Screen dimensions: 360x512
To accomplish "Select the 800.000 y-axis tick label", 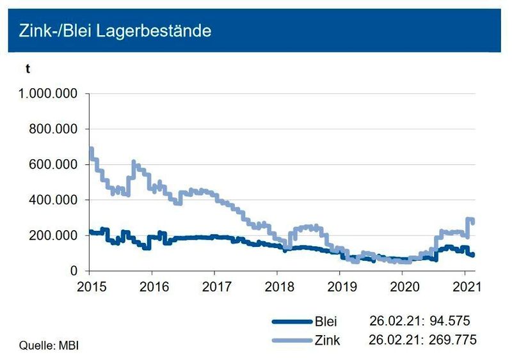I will pos(54,129).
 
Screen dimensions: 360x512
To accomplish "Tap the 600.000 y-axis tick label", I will pos(54,165).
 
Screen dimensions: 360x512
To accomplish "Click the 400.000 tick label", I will pos(54,200).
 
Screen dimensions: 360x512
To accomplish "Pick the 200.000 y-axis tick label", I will pos(54,236).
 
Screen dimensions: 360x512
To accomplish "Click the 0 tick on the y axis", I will pos(74,271).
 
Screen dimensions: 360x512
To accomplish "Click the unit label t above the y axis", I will pos(28,69).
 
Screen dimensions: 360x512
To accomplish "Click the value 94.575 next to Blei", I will pos(451,322).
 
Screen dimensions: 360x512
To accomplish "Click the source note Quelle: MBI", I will pos(44,346).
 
